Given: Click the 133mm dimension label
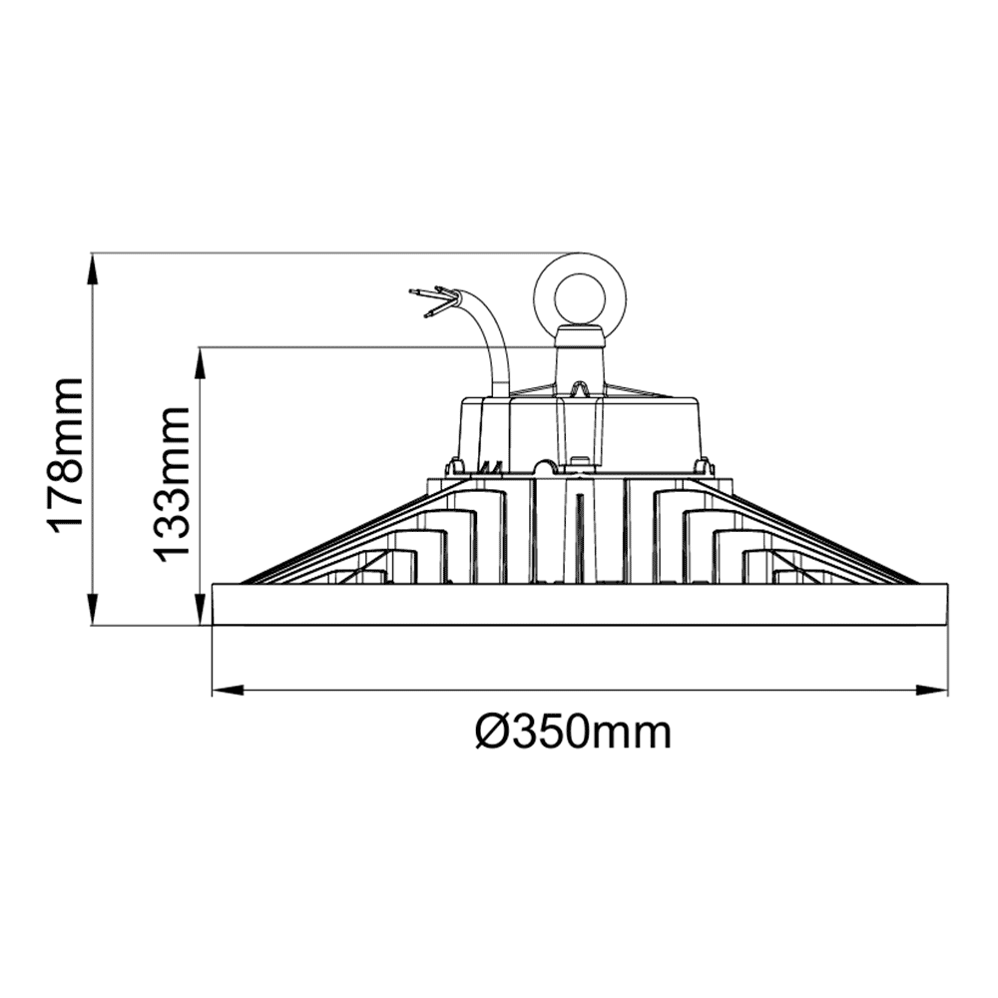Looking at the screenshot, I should (x=173, y=484).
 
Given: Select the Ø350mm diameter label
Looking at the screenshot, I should (x=573, y=734).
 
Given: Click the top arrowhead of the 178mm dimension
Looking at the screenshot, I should (x=92, y=263).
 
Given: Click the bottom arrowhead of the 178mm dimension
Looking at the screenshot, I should (x=92, y=613).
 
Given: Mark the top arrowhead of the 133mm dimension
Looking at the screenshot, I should (x=201, y=358).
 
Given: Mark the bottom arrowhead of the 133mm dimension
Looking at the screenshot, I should (x=201, y=613).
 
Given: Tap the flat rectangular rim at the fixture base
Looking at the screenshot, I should (x=580, y=605).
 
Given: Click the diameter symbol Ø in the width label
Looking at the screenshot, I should (x=493, y=734).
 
